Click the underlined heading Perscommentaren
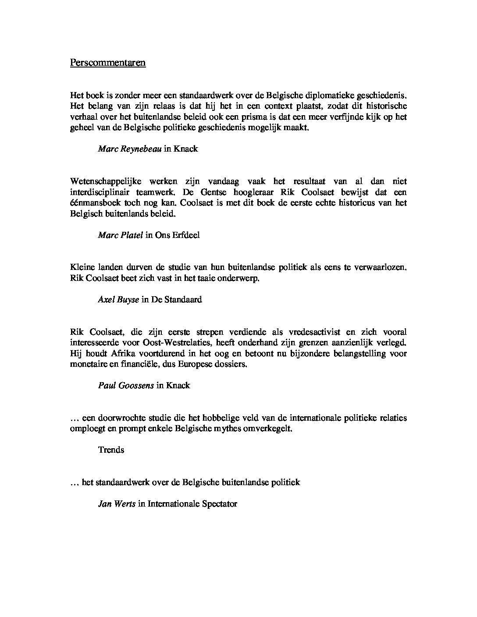[x=107, y=63]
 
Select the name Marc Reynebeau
[x=130, y=149]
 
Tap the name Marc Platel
[x=121, y=235]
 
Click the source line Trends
[x=111, y=450]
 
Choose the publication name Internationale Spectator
[x=192, y=504]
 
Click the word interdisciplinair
[x=98, y=192]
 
